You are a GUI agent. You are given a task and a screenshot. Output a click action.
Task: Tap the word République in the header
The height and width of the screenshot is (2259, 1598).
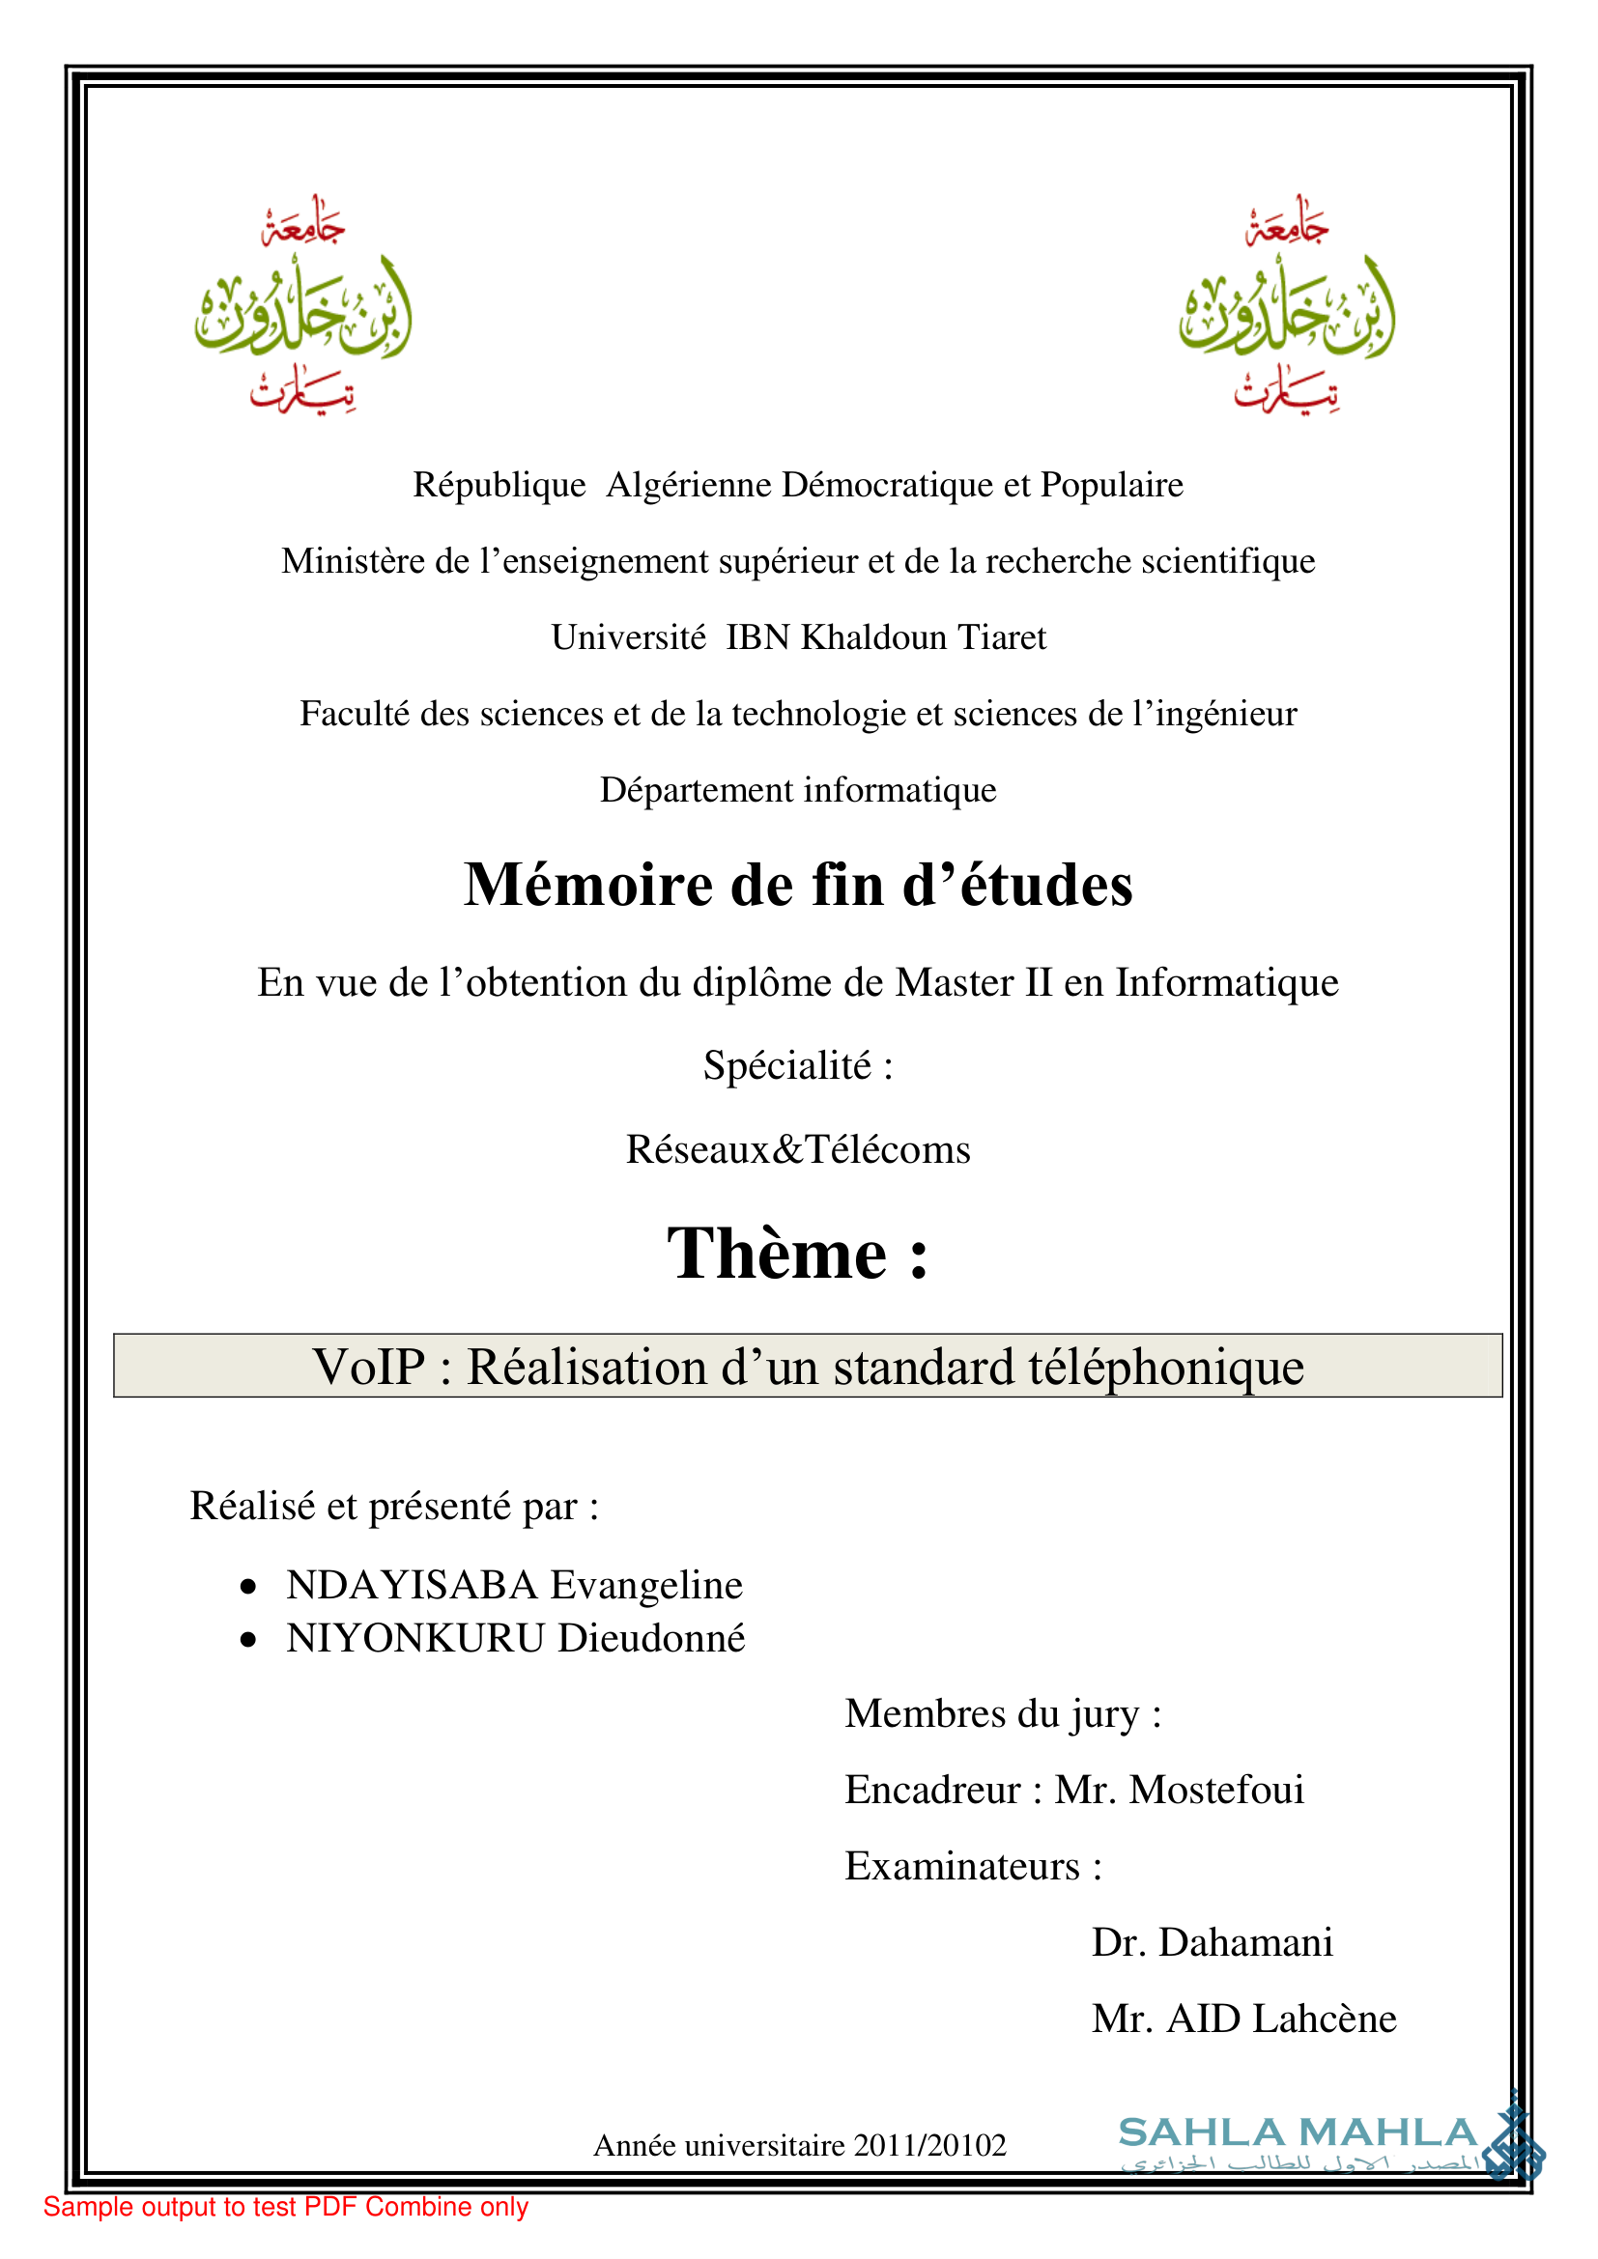[499, 485]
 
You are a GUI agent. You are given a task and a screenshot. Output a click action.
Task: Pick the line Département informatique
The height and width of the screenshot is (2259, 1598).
[798, 790]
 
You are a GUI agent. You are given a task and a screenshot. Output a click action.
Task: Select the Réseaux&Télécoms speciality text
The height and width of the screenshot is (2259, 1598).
[798, 1149]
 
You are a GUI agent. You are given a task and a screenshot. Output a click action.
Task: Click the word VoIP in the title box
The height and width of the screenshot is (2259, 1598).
[369, 1367]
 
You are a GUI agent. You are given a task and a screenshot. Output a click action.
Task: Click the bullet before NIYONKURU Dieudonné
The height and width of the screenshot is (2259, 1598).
[249, 1639]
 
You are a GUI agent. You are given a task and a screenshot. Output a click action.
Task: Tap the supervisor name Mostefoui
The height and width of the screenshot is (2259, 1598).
[1216, 1790]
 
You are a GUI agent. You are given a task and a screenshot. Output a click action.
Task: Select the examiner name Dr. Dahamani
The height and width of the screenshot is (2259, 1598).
[1213, 1942]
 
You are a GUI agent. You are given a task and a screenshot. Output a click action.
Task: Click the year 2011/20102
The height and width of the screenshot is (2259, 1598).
[929, 2145]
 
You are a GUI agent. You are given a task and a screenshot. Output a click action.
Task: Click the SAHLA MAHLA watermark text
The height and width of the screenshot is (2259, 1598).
[1297, 2133]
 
